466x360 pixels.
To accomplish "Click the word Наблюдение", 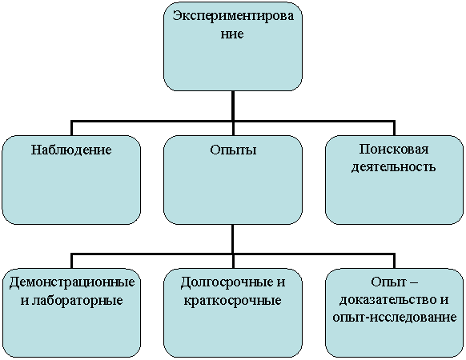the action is point(71,150).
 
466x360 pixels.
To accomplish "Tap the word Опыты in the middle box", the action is point(233,150).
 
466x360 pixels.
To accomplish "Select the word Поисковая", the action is point(394,149).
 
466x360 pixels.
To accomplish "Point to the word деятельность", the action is point(394,166).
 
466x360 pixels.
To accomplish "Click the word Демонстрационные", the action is point(72,282).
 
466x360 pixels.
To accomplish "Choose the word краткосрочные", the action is point(233,300).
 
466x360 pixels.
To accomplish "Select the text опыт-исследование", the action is point(395,318).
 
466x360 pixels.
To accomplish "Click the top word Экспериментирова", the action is point(233,16).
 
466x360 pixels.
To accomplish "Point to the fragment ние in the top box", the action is point(232,34).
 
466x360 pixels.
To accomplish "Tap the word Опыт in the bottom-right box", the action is point(384,282).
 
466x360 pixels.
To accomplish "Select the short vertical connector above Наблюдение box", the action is point(71,128).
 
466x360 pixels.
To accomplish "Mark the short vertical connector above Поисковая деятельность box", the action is point(395,128).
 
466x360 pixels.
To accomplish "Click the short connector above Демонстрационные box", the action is point(71,261).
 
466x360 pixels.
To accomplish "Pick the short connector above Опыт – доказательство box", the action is point(395,261).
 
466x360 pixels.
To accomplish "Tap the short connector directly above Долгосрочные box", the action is point(233,262).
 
